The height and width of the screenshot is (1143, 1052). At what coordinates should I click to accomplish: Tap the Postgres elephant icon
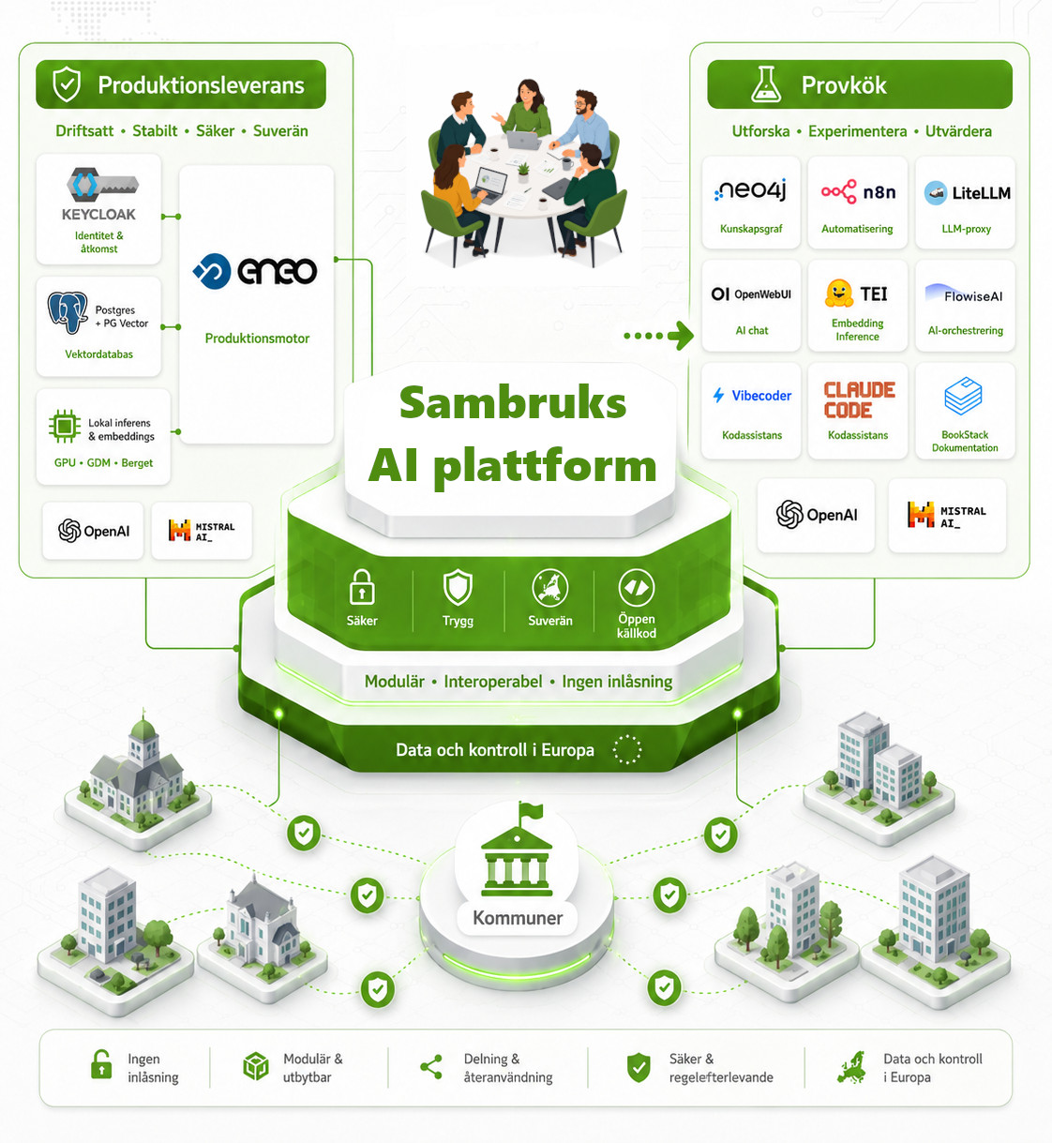[68, 311]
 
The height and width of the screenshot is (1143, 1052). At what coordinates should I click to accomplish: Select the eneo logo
[255, 271]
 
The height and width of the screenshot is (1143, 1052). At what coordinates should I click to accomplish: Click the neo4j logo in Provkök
[750, 190]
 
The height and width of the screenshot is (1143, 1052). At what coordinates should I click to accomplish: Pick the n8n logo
[858, 192]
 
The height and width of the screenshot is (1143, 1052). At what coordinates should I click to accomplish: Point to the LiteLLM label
[981, 193]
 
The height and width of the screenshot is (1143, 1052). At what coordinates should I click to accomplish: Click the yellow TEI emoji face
[838, 293]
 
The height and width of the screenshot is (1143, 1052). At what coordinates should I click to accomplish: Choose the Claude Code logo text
[859, 399]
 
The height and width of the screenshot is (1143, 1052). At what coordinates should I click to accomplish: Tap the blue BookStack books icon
[963, 395]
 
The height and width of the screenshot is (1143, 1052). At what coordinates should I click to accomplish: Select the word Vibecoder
[761, 396]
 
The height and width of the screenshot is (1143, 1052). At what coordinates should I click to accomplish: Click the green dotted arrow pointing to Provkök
[658, 336]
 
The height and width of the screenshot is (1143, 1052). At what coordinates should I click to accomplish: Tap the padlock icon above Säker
[362, 586]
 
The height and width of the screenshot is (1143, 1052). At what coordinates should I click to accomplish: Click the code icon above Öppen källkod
[636, 588]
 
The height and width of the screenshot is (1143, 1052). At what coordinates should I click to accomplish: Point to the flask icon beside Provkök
[766, 84]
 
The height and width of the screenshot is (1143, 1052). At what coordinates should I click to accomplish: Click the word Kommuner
[518, 917]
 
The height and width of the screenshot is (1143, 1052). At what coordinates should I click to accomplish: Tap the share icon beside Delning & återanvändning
[430, 1067]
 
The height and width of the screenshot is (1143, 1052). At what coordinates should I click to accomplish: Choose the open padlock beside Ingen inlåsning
[101, 1064]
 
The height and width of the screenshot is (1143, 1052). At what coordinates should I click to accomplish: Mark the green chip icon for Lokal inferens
[65, 427]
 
